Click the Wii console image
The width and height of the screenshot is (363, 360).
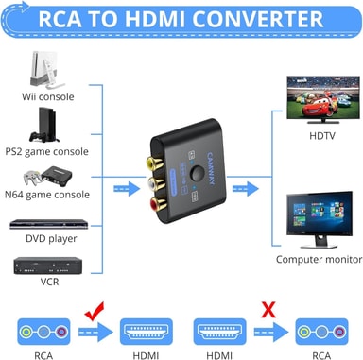coord(46,70)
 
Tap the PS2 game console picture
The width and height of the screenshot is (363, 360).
coord(44,125)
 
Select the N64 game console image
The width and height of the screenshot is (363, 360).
coord(47,177)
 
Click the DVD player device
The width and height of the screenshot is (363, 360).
coord(49,224)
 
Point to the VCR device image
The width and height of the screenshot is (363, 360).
coord(48,266)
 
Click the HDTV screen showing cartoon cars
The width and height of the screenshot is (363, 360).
coord(323,97)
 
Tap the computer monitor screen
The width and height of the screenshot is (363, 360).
coord(320,214)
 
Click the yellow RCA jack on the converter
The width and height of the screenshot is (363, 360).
coord(154,163)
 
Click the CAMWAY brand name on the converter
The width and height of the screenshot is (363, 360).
coord(211,168)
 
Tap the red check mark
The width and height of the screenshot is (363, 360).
coord(95,311)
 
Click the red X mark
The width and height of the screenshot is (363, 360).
coord(268,310)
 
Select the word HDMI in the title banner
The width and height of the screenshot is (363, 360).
coord(155,19)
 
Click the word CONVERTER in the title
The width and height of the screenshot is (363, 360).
coord(257,19)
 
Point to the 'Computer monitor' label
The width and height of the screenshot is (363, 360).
coord(319,260)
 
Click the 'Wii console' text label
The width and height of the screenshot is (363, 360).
coord(48,96)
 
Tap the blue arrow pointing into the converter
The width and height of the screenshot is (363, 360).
coord(127,189)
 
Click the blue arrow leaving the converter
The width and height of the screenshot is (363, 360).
coord(246,189)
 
